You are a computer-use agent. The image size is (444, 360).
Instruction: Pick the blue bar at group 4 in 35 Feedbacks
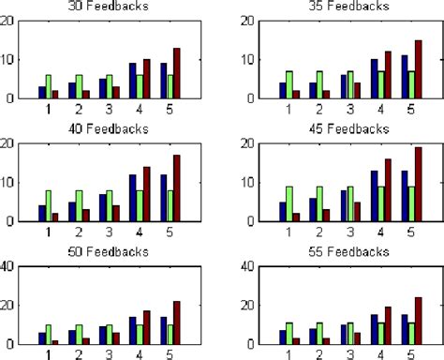[x=375, y=79]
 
